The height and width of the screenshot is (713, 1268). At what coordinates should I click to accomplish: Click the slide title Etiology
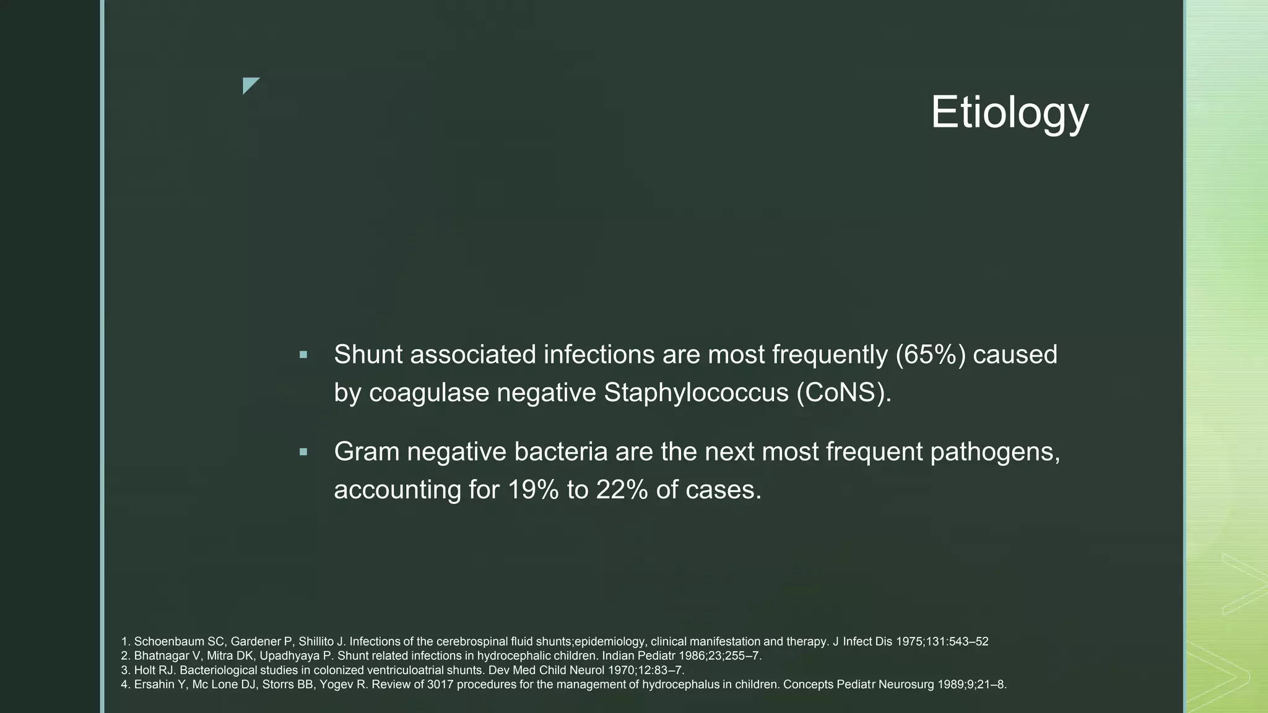click(x=1009, y=113)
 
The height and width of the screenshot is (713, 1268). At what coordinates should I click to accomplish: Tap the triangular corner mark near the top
click(x=249, y=84)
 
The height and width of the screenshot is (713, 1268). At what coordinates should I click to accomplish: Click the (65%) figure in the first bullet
click(x=931, y=355)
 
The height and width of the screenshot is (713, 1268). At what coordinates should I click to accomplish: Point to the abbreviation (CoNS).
click(x=844, y=392)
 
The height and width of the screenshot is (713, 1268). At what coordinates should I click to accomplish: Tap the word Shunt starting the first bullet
click(x=368, y=355)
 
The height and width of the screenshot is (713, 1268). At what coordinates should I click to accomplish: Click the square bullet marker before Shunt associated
click(x=303, y=355)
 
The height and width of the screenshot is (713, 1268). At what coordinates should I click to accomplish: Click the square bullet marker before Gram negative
click(x=303, y=452)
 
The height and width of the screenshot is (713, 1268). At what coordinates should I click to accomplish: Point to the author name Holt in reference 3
click(x=144, y=670)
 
